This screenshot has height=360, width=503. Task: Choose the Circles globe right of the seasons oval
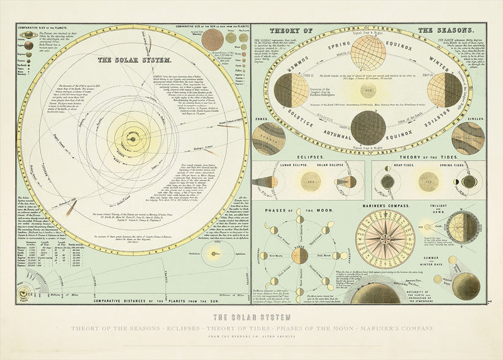468,137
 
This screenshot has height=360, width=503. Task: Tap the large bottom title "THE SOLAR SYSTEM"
251,317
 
